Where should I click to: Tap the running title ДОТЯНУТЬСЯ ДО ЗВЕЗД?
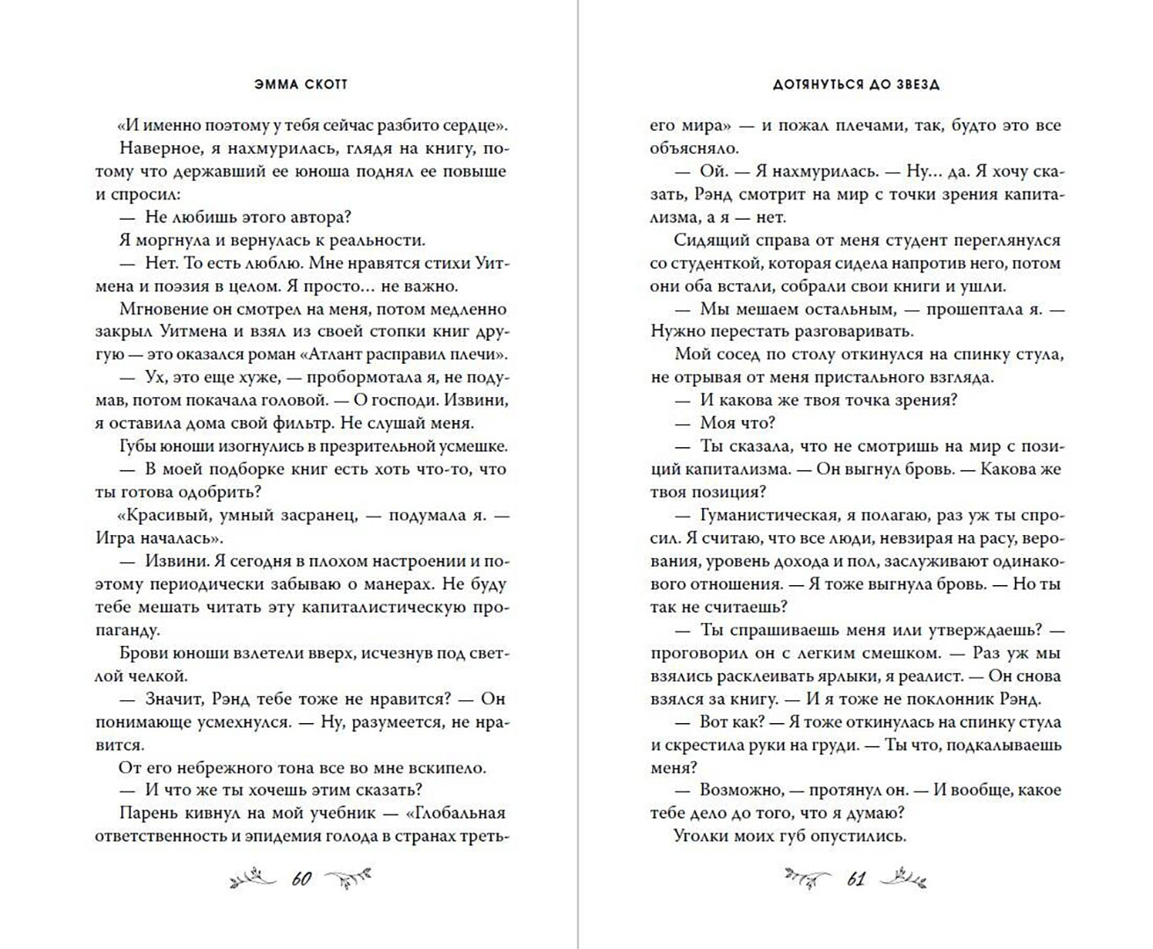[x=857, y=84]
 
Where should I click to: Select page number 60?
[x=301, y=879]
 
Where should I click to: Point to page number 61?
[x=856, y=879]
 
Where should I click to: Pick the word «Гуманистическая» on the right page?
[x=762, y=515]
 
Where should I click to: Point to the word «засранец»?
[x=312, y=515]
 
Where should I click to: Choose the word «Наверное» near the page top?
[x=156, y=148]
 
